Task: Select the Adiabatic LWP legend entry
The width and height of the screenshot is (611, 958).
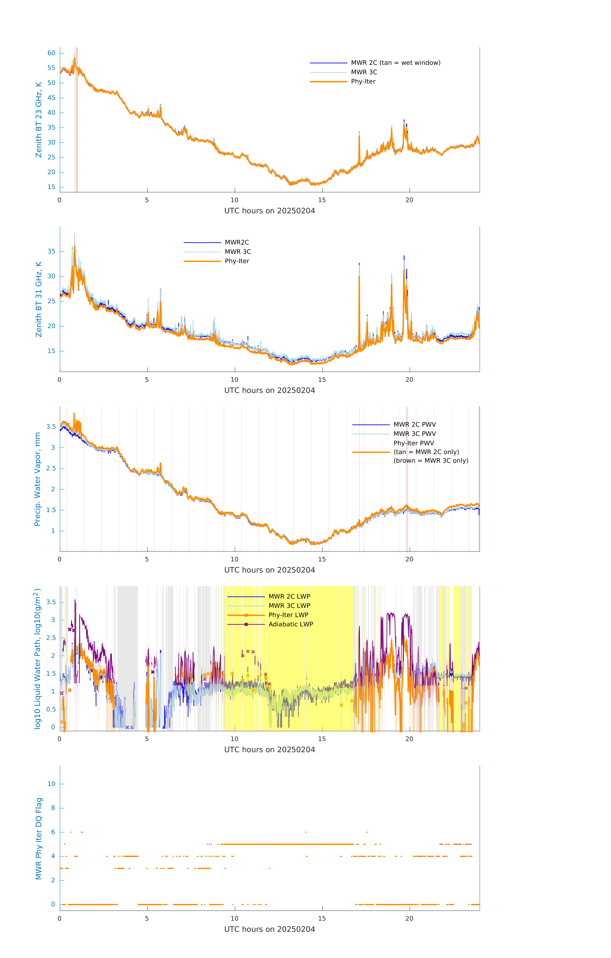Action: coord(291,624)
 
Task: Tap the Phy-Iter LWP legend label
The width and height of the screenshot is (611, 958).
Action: coord(288,615)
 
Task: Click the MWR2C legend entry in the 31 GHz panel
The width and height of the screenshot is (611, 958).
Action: coord(237,242)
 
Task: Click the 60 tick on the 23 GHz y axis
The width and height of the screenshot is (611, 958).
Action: coord(51,53)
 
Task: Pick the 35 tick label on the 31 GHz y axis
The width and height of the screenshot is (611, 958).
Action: coord(51,251)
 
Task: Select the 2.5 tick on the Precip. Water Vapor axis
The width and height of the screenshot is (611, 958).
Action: coord(51,468)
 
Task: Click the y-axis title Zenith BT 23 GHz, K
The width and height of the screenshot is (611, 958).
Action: coord(39,120)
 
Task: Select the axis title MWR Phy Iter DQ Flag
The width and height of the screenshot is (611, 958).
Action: coord(39,839)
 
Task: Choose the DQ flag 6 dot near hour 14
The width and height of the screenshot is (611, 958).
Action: coord(306,832)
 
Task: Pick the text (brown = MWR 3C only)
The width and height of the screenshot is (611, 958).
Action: coord(431,461)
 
